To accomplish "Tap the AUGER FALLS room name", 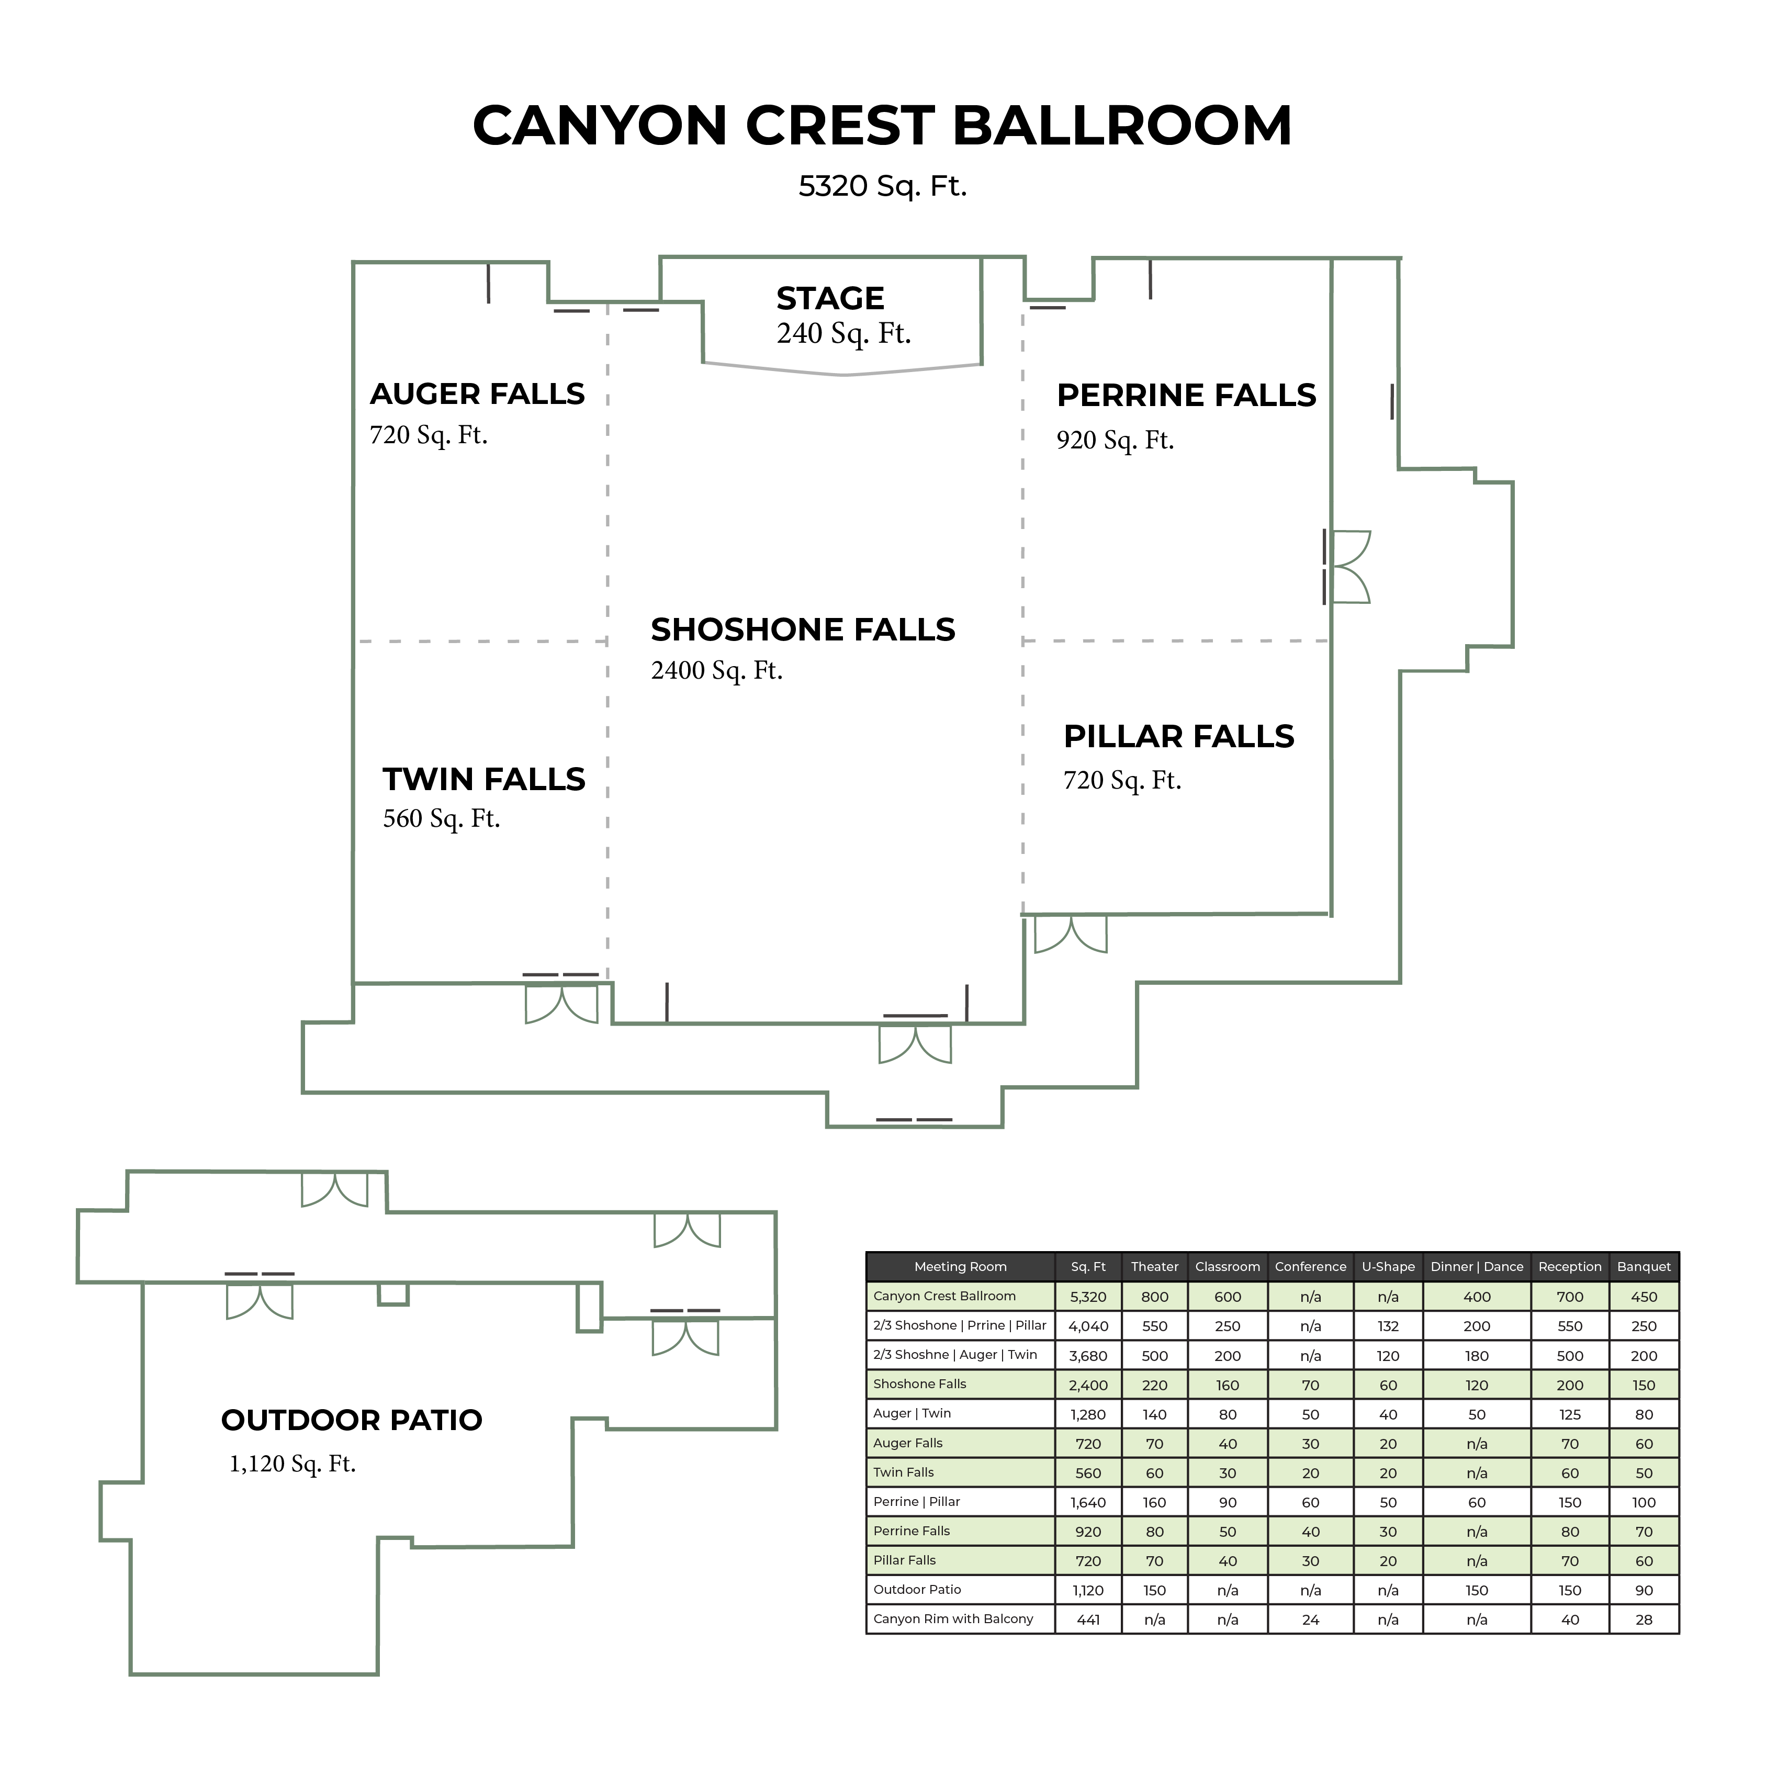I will tap(477, 394).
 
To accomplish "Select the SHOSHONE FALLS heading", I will tap(803, 630).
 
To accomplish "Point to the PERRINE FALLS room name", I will tap(1186, 396).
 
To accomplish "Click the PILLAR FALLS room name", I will tap(1178, 737).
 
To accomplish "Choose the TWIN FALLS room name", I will tap(483, 780).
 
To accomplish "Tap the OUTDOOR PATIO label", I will tap(352, 1420).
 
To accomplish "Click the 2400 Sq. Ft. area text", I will tap(717, 671).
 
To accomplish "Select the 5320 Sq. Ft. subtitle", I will tap(882, 186).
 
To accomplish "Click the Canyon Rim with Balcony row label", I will tap(952, 1619).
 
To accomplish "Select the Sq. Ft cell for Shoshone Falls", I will tap(1088, 1386).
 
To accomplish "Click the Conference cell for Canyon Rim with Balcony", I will tap(1310, 1619).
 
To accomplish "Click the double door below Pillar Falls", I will tap(1071, 934).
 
